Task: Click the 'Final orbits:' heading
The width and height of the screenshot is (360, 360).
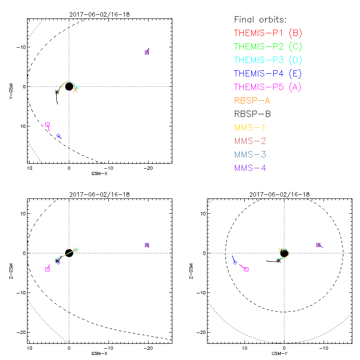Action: point(260,19)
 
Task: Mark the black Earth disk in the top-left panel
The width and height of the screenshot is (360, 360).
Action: point(69,86)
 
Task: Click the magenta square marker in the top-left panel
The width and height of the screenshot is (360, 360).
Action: point(47,124)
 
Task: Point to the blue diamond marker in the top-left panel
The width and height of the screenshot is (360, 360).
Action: point(58,136)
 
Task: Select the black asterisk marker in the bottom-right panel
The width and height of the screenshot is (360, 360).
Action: point(279,261)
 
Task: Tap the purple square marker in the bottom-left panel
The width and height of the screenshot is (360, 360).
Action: point(147,245)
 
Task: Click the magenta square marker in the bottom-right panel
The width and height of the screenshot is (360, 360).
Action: point(246,269)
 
